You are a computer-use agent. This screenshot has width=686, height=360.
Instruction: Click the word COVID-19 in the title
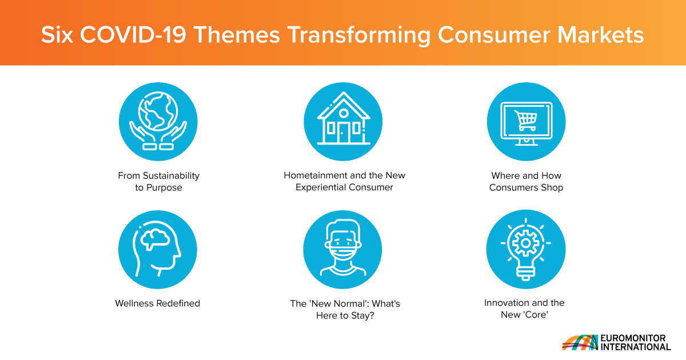coord(133,35)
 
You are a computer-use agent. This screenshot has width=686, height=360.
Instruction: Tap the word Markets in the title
coord(600,35)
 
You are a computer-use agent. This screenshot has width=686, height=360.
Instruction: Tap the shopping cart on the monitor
coord(526,121)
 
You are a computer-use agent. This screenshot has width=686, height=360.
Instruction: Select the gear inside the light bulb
coord(526,243)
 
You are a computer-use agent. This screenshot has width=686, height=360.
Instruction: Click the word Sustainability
coord(171,176)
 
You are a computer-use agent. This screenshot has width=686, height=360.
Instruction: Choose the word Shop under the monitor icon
coord(552,187)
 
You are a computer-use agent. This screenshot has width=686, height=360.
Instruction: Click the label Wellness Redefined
coord(157,303)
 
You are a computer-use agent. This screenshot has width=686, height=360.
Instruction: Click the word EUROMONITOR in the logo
coord(633,338)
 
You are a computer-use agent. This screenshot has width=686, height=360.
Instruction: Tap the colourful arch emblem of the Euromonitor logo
coord(580,342)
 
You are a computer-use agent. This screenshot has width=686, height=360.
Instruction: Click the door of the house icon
coord(344,133)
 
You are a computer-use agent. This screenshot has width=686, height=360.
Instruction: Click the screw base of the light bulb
coord(526,273)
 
